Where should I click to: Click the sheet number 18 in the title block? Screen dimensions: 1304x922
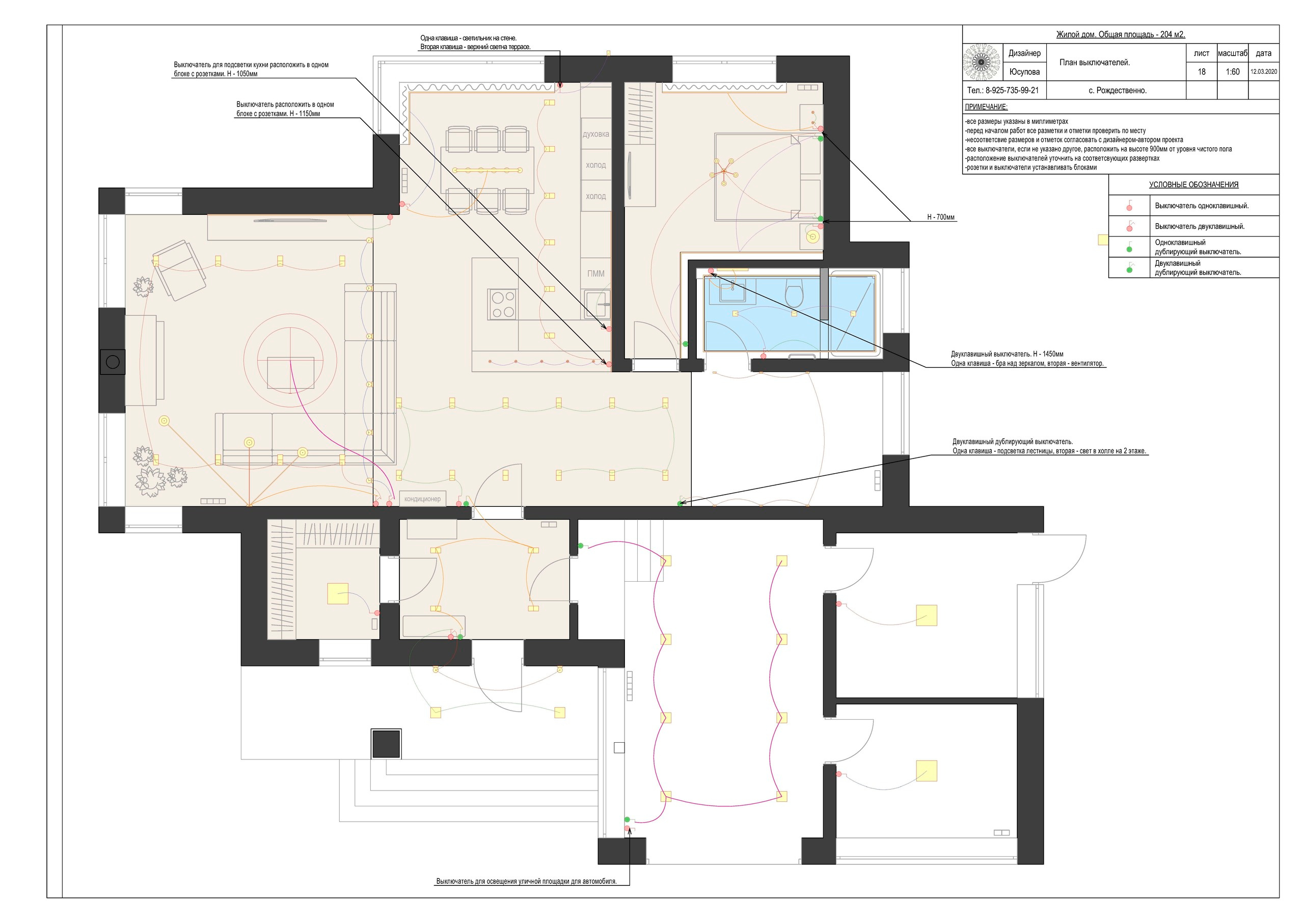coord(1201,72)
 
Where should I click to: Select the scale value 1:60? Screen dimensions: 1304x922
coord(1233,72)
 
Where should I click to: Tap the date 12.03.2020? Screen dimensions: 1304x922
coord(1264,72)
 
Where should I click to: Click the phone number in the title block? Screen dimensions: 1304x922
coord(1003,90)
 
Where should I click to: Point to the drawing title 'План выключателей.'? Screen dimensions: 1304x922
coord(1095,63)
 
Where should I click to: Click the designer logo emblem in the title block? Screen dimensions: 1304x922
coord(982,63)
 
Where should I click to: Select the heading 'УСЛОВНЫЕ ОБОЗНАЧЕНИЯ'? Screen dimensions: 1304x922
coord(1194,184)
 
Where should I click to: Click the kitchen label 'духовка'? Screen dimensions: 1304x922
coord(596,134)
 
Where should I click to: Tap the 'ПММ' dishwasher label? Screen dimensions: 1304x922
coord(596,273)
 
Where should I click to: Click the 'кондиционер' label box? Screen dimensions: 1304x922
coord(423,499)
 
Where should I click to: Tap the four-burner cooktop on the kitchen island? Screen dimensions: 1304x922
coord(503,304)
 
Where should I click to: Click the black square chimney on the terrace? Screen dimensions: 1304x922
coord(386,744)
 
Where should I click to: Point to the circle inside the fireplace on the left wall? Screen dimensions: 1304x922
coord(113,361)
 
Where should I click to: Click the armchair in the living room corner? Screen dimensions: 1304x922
coord(179,270)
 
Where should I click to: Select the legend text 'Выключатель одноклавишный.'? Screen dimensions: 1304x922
coord(1202,206)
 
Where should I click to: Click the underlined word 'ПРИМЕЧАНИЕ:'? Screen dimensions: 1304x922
coord(986,107)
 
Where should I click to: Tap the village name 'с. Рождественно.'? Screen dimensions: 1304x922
coord(1118,90)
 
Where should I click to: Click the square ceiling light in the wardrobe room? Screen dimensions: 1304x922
coord(338,593)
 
